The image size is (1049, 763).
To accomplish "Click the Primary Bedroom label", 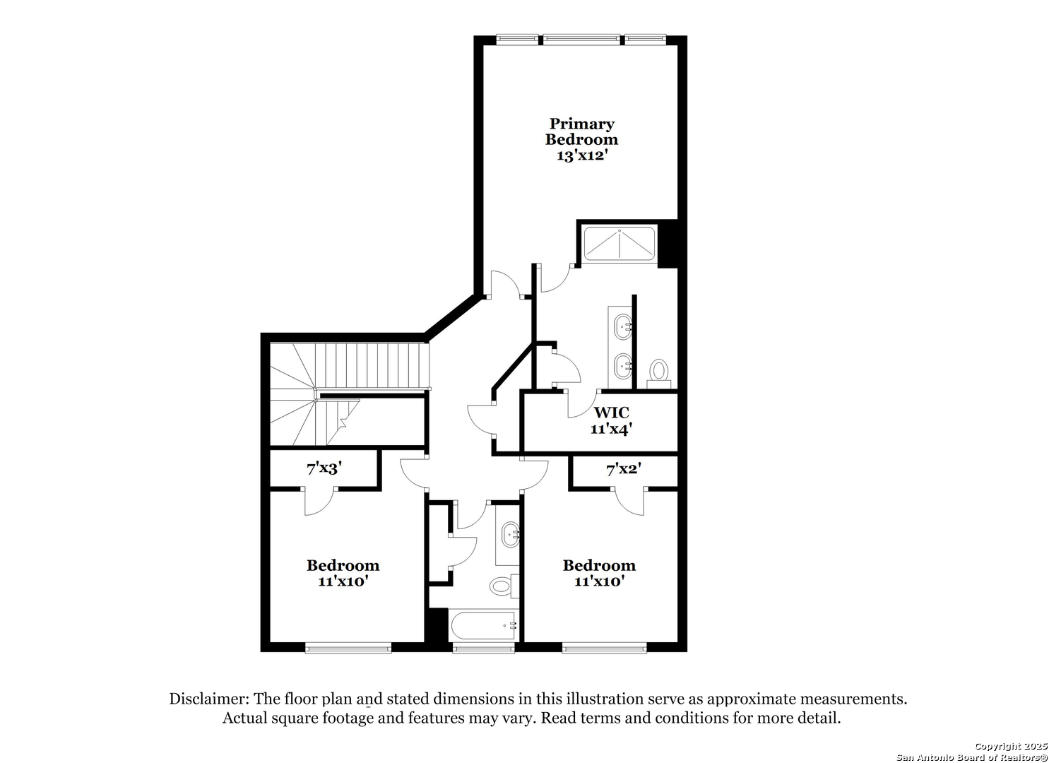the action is (x=581, y=131).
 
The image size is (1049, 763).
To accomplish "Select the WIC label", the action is (x=612, y=413).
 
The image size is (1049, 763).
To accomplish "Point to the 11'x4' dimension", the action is (x=612, y=429).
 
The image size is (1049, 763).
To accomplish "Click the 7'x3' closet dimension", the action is (x=324, y=468).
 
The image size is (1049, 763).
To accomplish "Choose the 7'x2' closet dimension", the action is (x=624, y=468).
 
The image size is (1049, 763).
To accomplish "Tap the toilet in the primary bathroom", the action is (x=659, y=373).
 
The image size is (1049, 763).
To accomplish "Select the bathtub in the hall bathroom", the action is (x=483, y=625).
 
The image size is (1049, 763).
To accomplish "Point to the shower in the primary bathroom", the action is (x=619, y=244).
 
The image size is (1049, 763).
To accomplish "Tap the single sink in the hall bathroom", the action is (x=510, y=535).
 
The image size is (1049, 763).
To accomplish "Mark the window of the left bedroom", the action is (x=348, y=649).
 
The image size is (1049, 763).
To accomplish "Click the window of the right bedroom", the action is (x=604, y=649).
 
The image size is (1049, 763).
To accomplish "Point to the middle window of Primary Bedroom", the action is (x=581, y=40).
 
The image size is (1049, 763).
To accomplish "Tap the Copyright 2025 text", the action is (x=1011, y=746).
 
